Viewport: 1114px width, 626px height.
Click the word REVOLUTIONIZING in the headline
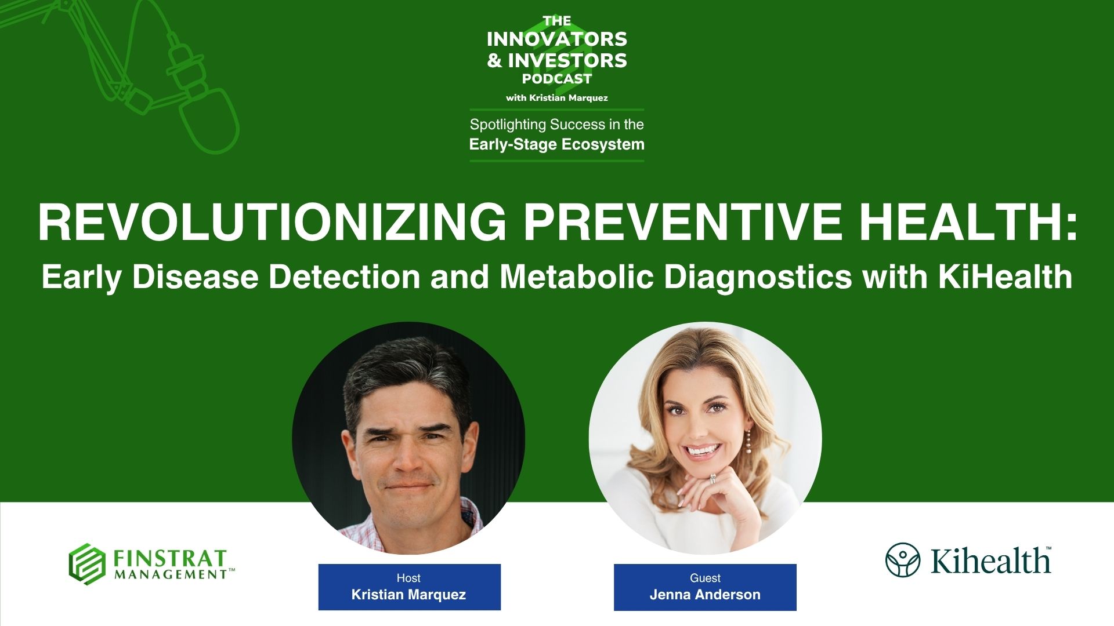[272, 222]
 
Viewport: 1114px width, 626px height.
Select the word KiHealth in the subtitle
[1005, 276]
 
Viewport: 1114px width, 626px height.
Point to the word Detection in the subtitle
[344, 276]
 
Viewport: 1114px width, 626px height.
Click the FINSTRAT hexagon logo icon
[87, 564]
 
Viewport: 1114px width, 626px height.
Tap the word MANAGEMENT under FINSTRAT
[171, 574]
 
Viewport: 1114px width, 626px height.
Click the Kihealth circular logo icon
[903, 560]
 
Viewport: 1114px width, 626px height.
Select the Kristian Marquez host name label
[408, 595]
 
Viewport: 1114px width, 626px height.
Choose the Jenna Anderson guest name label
[705, 595]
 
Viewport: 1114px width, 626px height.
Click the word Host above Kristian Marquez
[408, 578]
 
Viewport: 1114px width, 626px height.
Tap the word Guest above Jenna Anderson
[705, 578]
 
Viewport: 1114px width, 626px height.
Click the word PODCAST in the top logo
[557, 79]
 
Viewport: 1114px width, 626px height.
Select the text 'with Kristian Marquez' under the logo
[557, 98]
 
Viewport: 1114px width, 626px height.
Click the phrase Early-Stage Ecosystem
[557, 144]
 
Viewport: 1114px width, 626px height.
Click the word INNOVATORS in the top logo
[557, 39]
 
